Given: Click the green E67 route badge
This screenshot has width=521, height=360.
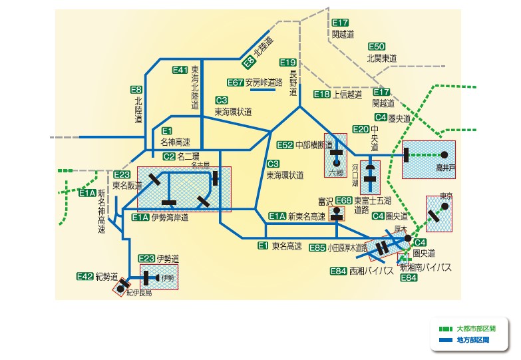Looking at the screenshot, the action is [x=236, y=83].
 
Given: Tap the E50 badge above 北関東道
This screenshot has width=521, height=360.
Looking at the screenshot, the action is [x=377, y=47].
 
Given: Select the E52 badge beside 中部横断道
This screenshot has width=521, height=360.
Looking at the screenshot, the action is [x=285, y=145].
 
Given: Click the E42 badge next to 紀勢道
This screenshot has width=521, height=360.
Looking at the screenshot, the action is [x=85, y=276].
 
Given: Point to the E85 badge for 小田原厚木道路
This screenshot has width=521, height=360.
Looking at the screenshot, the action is [x=317, y=248].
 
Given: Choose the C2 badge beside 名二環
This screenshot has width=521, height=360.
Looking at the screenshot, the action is [x=169, y=156].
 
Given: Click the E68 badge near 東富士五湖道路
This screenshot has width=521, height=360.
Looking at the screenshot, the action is [x=343, y=200].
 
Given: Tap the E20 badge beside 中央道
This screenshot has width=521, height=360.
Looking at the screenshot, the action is [x=361, y=129].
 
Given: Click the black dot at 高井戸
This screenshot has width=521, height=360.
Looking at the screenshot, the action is [x=444, y=154].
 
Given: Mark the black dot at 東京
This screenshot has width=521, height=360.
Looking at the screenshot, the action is [x=444, y=206].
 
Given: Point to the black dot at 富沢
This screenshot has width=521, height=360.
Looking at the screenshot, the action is [x=336, y=210].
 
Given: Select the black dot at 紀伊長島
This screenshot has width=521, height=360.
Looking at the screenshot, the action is [x=120, y=289].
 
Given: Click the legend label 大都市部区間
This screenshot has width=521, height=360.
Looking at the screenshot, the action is [x=476, y=329].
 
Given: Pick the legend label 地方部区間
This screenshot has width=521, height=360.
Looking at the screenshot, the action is [x=473, y=340].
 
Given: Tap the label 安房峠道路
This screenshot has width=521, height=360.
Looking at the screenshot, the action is [x=263, y=83].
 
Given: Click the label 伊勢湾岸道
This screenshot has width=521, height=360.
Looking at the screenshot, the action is [x=170, y=218].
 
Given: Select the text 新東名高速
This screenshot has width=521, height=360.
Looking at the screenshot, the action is [x=306, y=217].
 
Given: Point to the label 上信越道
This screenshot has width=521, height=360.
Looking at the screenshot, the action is [x=347, y=94].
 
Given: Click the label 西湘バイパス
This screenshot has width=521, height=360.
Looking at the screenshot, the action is [x=371, y=271].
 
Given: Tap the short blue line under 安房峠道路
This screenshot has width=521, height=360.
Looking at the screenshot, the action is [x=262, y=90].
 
